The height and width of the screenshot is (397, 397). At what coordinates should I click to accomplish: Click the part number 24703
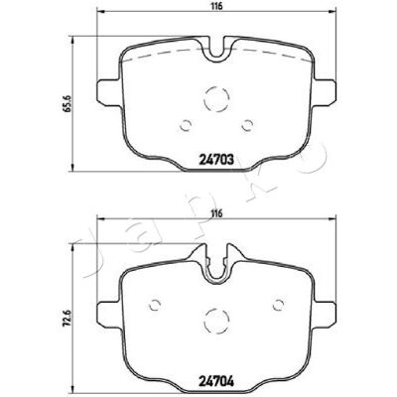[217, 161]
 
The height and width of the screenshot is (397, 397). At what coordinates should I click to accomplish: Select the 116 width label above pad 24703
[216, 6]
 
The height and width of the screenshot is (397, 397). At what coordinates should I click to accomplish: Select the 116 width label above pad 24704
[216, 213]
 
